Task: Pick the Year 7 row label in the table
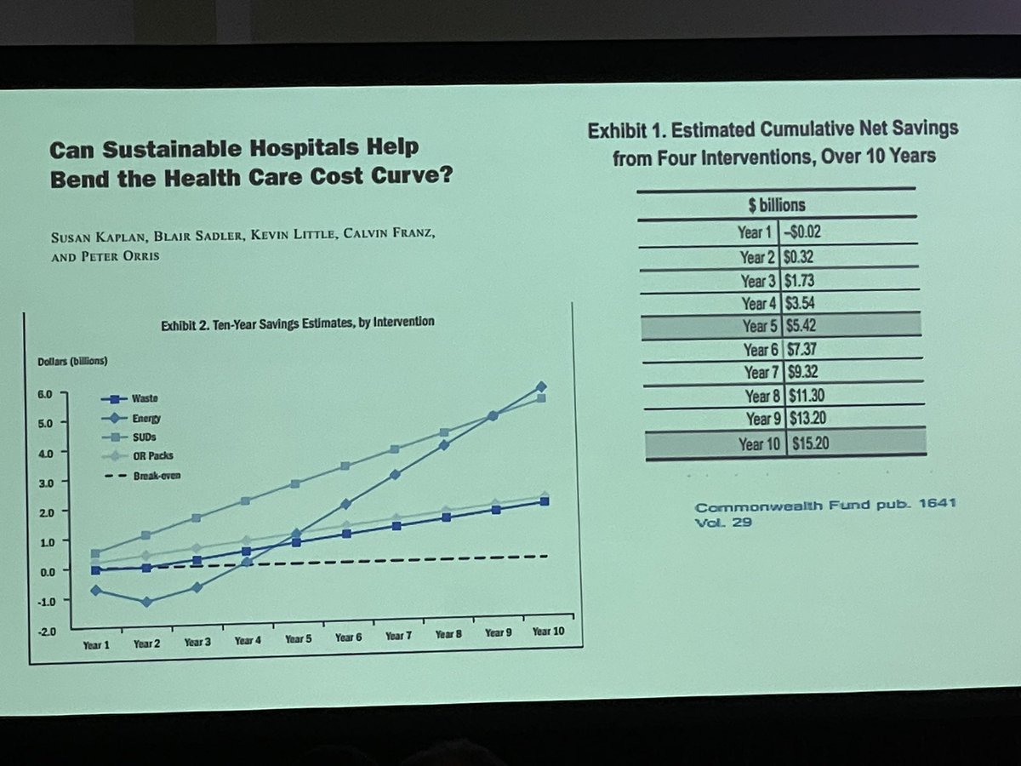(x=762, y=373)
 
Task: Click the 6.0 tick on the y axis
(x=44, y=394)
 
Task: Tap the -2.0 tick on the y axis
(x=43, y=631)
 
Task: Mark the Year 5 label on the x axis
(x=299, y=639)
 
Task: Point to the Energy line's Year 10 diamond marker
(x=541, y=387)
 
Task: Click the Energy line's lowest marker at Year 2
(x=146, y=602)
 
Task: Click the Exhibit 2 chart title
(x=298, y=322)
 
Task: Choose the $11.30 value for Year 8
(x=811, y=397)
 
